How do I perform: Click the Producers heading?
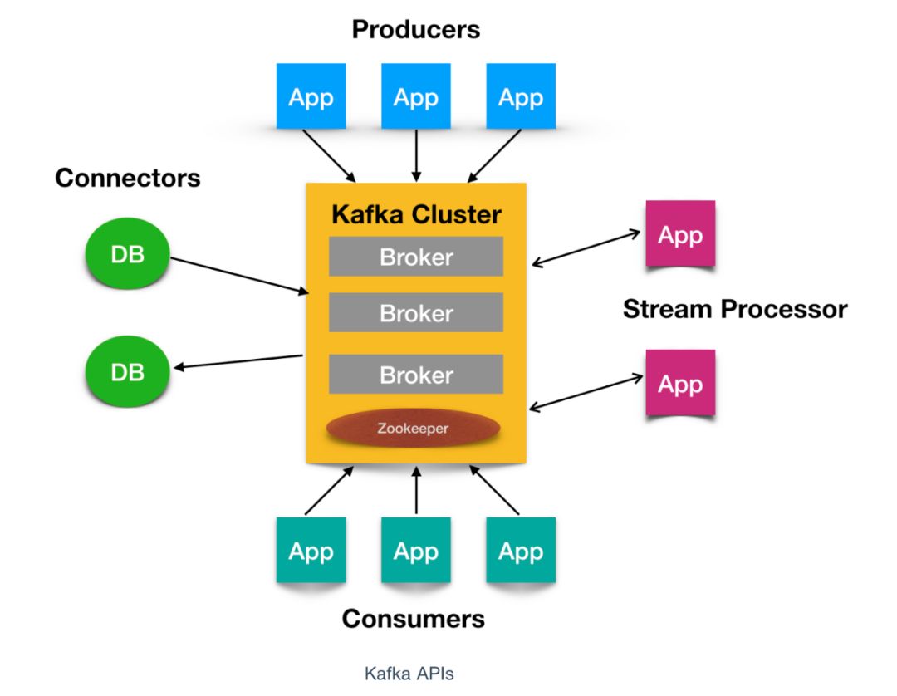pyautogui.click(x=415, y=30)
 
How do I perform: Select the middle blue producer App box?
pyautogui.click(x=415, y=97)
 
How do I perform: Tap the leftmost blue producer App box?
pyautogui.click(x=311, y=97)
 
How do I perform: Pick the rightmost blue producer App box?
pyautogui.click(x=520, y=97)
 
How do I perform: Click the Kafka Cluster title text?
pyautogui.click(x=416, y=214)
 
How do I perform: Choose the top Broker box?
pyautogui.click(x=416, y=257)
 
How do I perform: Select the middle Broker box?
pyautogui.click(x=416, y=313)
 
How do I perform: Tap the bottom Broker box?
pyautogui.click(x=416, y=375)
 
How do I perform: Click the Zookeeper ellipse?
pyautogui.click(x=413, y=429)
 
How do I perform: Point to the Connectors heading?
pyautogui.click(x=128, y=178)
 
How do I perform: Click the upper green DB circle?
pyautogui.click(x=128, y=254)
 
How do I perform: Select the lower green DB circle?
pyautogui.click(x=128, y=371)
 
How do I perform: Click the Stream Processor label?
pyautogui.click(x=734, y=310)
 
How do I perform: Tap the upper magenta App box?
pyautogui.click(x=680, y=234)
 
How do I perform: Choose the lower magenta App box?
pyautogui.click(x=680, y=384)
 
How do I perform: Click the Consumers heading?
pyautogui.click(x=413, y=618)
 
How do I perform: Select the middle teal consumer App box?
pyautogui.click(x=415, y=551)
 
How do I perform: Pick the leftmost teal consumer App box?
pyautogui.click(x=311, y=551)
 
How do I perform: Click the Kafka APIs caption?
pyautogui.click(x=409, y=674)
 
